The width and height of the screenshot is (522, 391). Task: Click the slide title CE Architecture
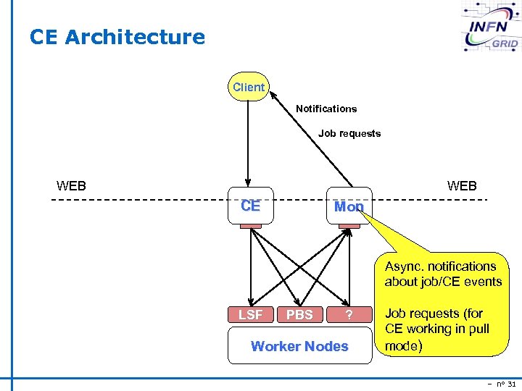[x=117, y=37]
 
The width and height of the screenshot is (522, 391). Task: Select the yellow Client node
[x=248, y=88]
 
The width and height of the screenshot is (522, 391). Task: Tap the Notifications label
[x=326, y=109]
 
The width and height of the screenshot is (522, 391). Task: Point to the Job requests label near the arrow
[x=349, y=133]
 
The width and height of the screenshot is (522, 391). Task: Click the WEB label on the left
[x=71, y=186]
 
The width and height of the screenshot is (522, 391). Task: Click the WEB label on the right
[x=462, y=186]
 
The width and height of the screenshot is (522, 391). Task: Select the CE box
[x=250, y=206]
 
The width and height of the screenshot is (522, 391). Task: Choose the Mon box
[x=349, y=206]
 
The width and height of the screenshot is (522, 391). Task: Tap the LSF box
[x=251, y=314]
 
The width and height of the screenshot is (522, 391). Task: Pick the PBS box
[x=299, y=314]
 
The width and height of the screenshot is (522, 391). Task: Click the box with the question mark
[x=349, y=314]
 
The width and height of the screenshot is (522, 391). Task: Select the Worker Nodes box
[x=299, y=346]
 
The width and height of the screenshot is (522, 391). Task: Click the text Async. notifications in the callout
[x=441, y=266]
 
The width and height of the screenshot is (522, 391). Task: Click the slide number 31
[x=511, y=384]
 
